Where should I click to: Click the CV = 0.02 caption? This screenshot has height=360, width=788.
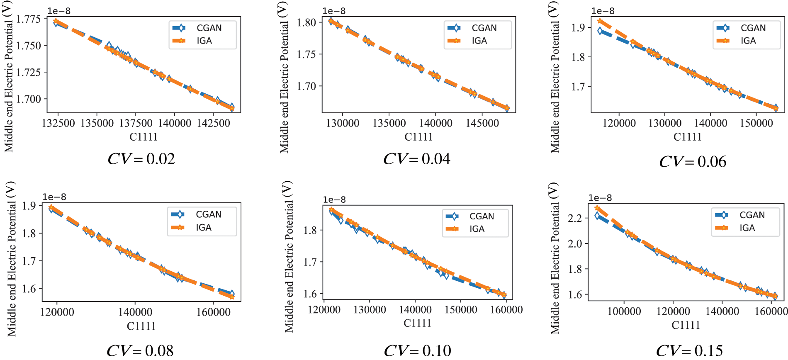pyautogui.click(x=141, y=159)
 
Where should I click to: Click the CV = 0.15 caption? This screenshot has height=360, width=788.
pyautogui.click(x=689, y=351)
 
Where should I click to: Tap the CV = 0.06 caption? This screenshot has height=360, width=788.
pyautogui.click(x=693, y=162)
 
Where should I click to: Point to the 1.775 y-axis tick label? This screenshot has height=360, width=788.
pyautogui.click(x=29, y=19)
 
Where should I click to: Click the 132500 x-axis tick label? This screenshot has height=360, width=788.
pyautogui.click(x=58, y=123)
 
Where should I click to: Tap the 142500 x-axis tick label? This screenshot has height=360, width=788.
pyautogui.click(x=213, y=123)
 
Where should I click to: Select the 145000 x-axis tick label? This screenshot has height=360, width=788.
pyautogui.click(x=482, y=123)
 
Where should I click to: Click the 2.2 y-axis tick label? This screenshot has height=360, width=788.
pyautogui.click(x=575, y=218)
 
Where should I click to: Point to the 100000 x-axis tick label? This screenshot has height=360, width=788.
pyautogui.click(x=624, y=311)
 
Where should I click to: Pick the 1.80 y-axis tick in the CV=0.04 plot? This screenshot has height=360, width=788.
pyautogui.click(x=306, y=22)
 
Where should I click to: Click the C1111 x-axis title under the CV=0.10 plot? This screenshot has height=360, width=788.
pyautogui.click(x=418, y=323)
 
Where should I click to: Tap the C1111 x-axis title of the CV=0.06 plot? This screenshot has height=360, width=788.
pyautogui.click(x=687, y=137)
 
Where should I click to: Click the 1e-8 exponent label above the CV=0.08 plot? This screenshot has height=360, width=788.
pyautogui.click(x=54, y=197)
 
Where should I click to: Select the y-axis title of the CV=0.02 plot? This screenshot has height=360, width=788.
pyautogui.click(x=9, y=77)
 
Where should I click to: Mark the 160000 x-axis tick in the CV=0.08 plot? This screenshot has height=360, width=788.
pyautogui.click(x=213, y=312)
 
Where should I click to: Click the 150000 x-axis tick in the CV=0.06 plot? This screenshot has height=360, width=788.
pyautogui.click(x=756, y=123)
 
